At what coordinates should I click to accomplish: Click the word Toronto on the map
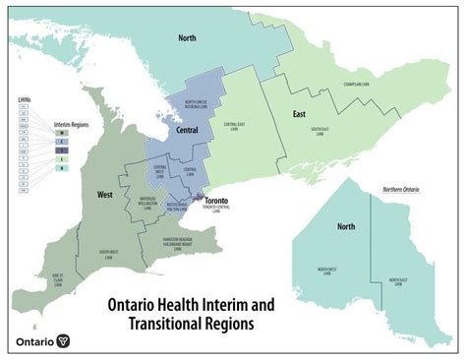[x=217, y=201]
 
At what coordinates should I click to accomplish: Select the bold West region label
[x=104, y=194]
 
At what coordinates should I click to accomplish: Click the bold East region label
[x=299, y=114]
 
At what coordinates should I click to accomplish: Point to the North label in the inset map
[x=346, y=226]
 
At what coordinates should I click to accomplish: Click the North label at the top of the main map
[x=187, y=38]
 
